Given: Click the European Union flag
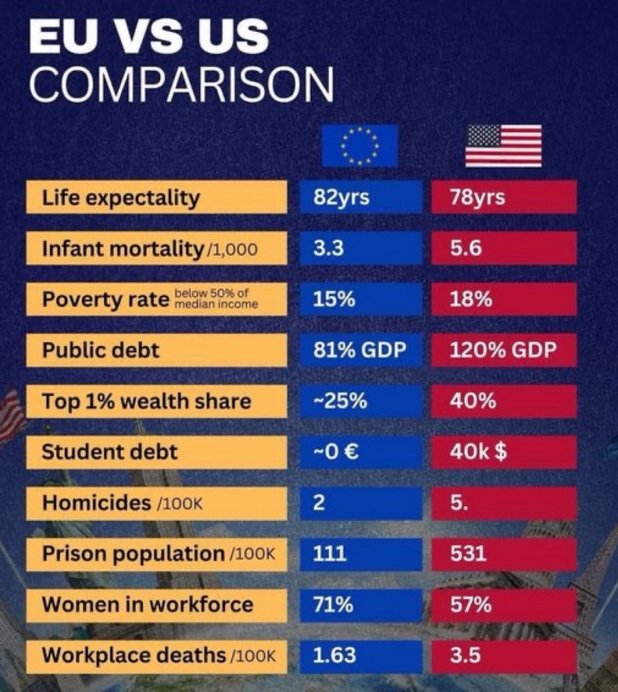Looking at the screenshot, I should (359, 146).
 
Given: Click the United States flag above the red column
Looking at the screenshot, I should (503, 146).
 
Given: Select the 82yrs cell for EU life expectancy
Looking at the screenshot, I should (361, 197).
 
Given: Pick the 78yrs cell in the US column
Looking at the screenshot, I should (504, 197).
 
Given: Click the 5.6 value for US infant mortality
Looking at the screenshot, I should (504, 249).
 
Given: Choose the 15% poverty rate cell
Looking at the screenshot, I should (361, 299).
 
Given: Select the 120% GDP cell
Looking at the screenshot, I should (504, 350).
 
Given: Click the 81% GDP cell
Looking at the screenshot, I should (361, 350).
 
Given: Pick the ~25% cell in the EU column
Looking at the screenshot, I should (361, 401).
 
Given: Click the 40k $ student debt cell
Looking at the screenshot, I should (504, 452).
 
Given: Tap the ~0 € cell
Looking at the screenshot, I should (361, 452).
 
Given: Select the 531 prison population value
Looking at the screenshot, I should (504, 554).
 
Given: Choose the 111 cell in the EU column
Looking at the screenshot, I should (361, 554).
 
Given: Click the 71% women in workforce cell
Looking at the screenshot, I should (361, 605).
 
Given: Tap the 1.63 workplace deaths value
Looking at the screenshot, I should (361, 656).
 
